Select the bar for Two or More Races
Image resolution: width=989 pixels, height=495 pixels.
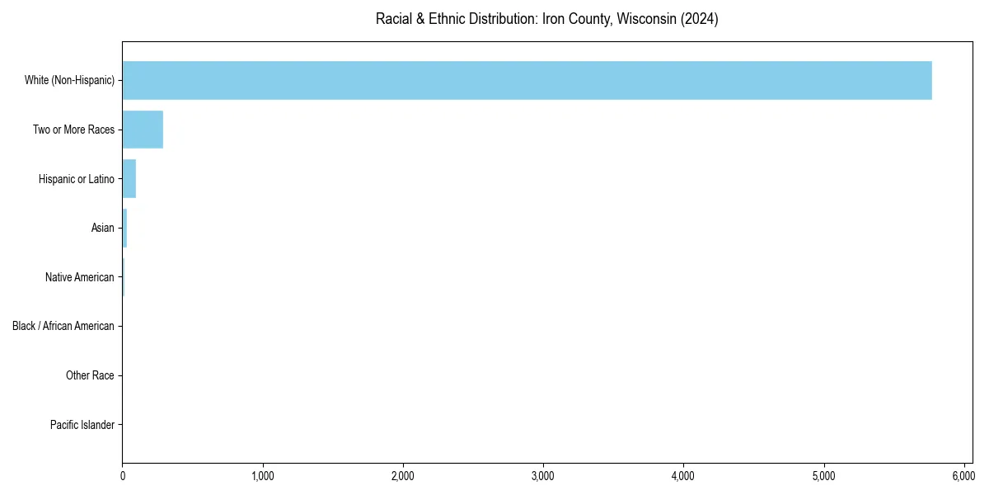click(x=143, y=130)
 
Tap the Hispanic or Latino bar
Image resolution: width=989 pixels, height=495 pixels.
click(x=129, y=179)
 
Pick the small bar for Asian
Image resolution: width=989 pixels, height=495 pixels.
click(x=124, y=228)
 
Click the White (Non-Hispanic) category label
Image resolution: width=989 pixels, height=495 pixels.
click(x=69, y=80)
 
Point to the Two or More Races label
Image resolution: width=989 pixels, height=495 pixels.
click(x=73, y=130)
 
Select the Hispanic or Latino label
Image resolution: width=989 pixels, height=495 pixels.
click(x=76, y=179)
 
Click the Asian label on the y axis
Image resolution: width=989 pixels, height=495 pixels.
click(x=103, y=228)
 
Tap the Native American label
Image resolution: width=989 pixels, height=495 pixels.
click(x=80, y=277)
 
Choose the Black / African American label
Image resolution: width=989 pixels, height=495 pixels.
click(x=63, y=326)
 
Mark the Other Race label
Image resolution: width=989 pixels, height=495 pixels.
click(x=90, y=375)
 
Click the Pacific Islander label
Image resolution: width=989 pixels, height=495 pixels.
click(x=82, y=425)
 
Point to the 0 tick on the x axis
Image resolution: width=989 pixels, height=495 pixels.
click(x=123, y=476)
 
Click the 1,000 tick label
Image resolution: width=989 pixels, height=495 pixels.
click(x=263, y=476)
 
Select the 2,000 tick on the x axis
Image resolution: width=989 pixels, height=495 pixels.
click(x=403, y=476)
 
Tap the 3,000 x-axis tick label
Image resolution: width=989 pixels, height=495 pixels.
click(x=543, y=476)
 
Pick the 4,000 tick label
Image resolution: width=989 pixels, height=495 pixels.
click(x=683, y=476)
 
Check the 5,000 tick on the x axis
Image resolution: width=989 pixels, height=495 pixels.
click(x=824, y=476)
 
